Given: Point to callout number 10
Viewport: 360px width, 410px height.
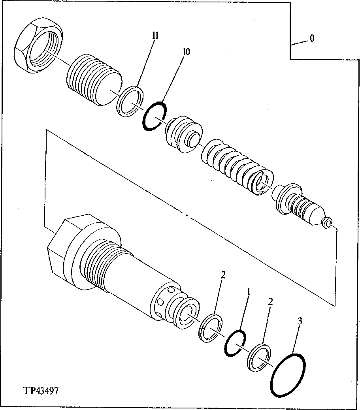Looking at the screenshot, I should (186, 52).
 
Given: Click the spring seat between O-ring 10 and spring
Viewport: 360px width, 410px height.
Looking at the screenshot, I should (183, 133).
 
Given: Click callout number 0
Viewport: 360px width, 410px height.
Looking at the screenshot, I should (312, 39).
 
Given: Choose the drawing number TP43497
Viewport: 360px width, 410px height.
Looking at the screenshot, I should (41, 391).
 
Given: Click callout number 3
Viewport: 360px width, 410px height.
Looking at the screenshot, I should (300, 321).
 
